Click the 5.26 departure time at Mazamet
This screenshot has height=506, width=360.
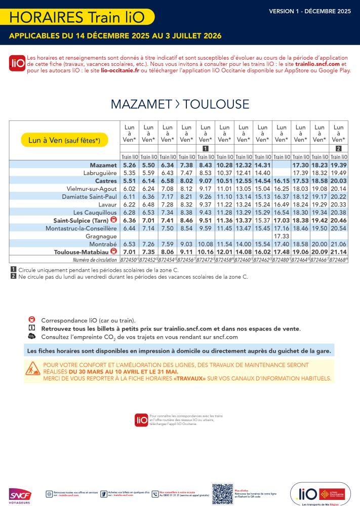pyautogui.click(x=130, y=165)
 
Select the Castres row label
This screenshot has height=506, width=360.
pyautogui.click(x=106, y=181)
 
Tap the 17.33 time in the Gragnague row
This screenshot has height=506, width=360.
pyautogui.click(x=282, y=236)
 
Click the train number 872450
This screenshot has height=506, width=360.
pyautogui.click(x=129, y=260)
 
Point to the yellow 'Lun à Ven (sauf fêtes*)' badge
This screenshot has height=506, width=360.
pyautogui.click(x=64, y=140)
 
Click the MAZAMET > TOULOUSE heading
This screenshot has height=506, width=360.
pyautogui.click(x=180, y=104)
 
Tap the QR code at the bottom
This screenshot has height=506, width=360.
pyautogui.click(x=222, y=493)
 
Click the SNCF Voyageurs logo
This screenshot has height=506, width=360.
pyautogui.click(x=20, y=495)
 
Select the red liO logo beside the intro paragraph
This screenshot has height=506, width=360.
pyautogui.click(x=17, y=63)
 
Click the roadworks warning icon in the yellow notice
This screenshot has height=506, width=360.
pyautogui.click(x=33, y=368)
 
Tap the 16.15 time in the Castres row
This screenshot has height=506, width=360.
pyautogui.click(x=282, y=181)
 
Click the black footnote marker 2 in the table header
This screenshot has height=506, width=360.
pyautogui.click(x=339, y=148)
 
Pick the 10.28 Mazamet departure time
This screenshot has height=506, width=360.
pyautogui.click(x=224, y=165)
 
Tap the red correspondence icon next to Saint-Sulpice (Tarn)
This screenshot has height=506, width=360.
pyautogui.click(x=113, y=221)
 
